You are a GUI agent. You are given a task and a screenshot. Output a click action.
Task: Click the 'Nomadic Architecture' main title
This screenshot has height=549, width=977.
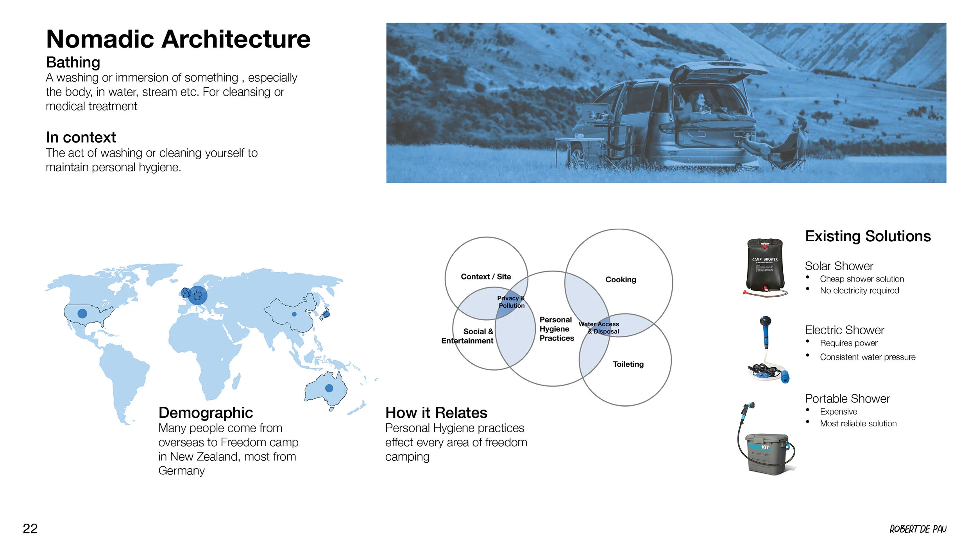tap(178, 39)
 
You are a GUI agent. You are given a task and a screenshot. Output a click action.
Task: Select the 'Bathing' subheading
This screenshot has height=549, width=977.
tap(73, 62)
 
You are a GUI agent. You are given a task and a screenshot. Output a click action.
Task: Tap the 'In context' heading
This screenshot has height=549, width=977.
tap(81, 137)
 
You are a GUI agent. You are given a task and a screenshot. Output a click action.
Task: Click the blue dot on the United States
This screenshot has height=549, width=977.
tap(82, 313)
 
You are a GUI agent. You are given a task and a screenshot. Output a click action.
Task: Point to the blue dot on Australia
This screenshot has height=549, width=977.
tap(329, 388)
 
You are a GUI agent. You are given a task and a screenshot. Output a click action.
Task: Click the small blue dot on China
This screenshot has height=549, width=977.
tap(294, 314)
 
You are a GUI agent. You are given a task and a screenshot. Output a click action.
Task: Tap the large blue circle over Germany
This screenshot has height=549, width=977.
tap(198, 296)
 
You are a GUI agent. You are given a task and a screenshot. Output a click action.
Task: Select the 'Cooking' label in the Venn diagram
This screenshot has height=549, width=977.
tap(621, 280)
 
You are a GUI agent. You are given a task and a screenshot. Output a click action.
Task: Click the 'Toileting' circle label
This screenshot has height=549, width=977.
tap(628, 364)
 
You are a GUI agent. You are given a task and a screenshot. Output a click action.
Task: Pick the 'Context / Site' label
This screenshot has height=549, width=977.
tap(486, 276)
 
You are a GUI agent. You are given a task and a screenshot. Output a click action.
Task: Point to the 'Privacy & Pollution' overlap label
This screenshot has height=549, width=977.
tap(511, 302)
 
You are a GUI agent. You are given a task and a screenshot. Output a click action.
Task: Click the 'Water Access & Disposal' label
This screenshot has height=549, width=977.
tap(599, 328)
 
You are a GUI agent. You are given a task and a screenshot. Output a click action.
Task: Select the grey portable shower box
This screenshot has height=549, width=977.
tap(767, 453)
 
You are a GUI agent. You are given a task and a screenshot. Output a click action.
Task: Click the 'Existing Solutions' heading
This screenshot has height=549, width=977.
tap(868, 236)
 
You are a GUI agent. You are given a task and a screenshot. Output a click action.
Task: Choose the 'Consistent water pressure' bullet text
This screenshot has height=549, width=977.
tap(868, 357)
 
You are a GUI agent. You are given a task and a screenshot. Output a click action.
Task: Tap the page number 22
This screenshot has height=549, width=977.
tap(30, 529)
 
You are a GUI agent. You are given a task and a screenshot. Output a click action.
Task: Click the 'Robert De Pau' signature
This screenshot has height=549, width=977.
tap(918, 529)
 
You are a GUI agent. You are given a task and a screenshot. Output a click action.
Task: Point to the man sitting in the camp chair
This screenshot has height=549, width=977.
tap(789, 143)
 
